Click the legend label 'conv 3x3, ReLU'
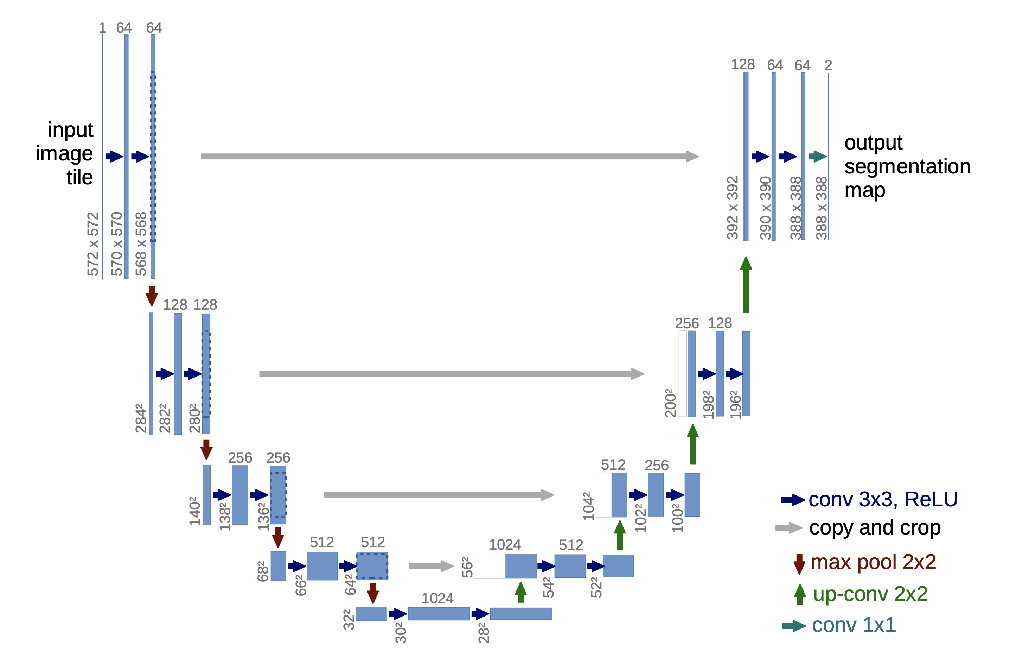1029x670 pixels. tap(882, 500)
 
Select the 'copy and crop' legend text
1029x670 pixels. tap(875, 528)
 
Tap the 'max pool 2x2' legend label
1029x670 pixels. tap(873, 562)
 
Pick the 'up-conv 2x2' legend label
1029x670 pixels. tap(870, 594)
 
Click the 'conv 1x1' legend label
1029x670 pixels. tap(854, 625)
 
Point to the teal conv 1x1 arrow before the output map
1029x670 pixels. tap(818, 156)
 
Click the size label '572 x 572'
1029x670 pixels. tap(93, 244)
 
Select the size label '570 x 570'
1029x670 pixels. tap(117, 244)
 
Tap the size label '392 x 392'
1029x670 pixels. tap(733, 208)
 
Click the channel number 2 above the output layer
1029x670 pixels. tap(828, 65)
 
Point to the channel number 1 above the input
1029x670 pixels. tap(102, 28)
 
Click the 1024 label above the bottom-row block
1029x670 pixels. tap(437, 598)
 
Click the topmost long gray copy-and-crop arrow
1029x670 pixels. tap(450, 156)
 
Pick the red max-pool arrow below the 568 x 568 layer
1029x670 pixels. tap(152, 296)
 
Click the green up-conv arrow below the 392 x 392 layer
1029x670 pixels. tap(746, 285)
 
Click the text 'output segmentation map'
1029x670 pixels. tap(907, 166)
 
